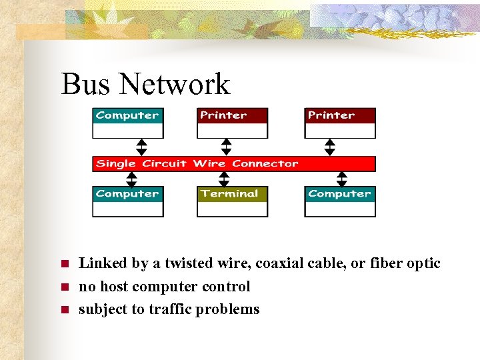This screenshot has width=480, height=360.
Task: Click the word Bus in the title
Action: coord(81,85)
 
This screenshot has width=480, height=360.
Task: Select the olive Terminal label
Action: coord(229,194)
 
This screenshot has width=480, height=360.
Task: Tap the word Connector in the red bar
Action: coord(265,163)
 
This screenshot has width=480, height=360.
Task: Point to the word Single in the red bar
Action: coord(115,163)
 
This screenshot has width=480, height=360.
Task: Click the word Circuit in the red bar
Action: coord(163,163)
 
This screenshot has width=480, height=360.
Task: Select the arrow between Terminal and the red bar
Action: coord(224,179)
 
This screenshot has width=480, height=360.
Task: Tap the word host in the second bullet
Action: coord(114,287)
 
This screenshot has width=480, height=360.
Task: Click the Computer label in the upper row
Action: coord(127,115)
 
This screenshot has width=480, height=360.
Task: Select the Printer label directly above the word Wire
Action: coord(223,115)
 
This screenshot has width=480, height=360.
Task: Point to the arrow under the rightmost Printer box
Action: coord(329,147)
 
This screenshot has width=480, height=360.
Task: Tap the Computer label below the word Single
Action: coord(127,194)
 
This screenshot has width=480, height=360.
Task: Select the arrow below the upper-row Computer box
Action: coord(141,147)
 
